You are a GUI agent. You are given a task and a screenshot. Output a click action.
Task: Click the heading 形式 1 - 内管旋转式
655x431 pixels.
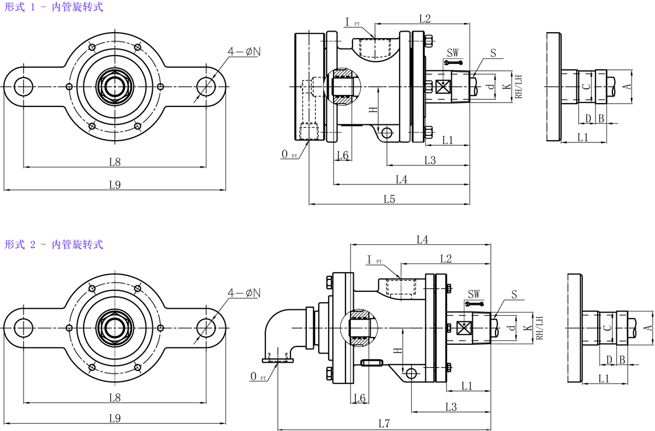coord(53,8)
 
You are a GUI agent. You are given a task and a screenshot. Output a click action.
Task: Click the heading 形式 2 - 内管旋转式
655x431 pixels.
coord(53,244)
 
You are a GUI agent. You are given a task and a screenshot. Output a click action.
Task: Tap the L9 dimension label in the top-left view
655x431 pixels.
coord(114,184)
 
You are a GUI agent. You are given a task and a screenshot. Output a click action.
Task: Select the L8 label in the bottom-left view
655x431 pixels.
coord(114,397)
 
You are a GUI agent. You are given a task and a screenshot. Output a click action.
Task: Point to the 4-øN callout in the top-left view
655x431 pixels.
coord(245,52)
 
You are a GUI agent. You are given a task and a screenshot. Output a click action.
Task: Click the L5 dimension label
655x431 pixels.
coord(389,199)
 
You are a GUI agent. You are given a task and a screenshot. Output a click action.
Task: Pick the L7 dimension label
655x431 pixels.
coord(384,423)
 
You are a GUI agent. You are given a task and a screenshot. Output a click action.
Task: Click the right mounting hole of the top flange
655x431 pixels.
coord(206,86)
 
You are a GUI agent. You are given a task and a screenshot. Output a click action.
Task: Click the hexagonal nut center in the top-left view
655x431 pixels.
coord(114,86)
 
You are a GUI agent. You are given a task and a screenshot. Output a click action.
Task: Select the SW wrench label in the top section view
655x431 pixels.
coord(453,53)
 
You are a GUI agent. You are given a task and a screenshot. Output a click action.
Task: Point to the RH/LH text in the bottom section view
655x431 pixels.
coord(539,328)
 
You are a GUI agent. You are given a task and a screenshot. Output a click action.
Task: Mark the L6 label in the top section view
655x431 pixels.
coord(343,155)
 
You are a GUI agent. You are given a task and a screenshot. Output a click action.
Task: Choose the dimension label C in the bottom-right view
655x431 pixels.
coord(607,328)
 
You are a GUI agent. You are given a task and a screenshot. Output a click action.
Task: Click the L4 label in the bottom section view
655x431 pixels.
coord(422,239)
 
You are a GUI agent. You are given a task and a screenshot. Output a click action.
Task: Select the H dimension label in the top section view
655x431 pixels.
coord(373,109)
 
